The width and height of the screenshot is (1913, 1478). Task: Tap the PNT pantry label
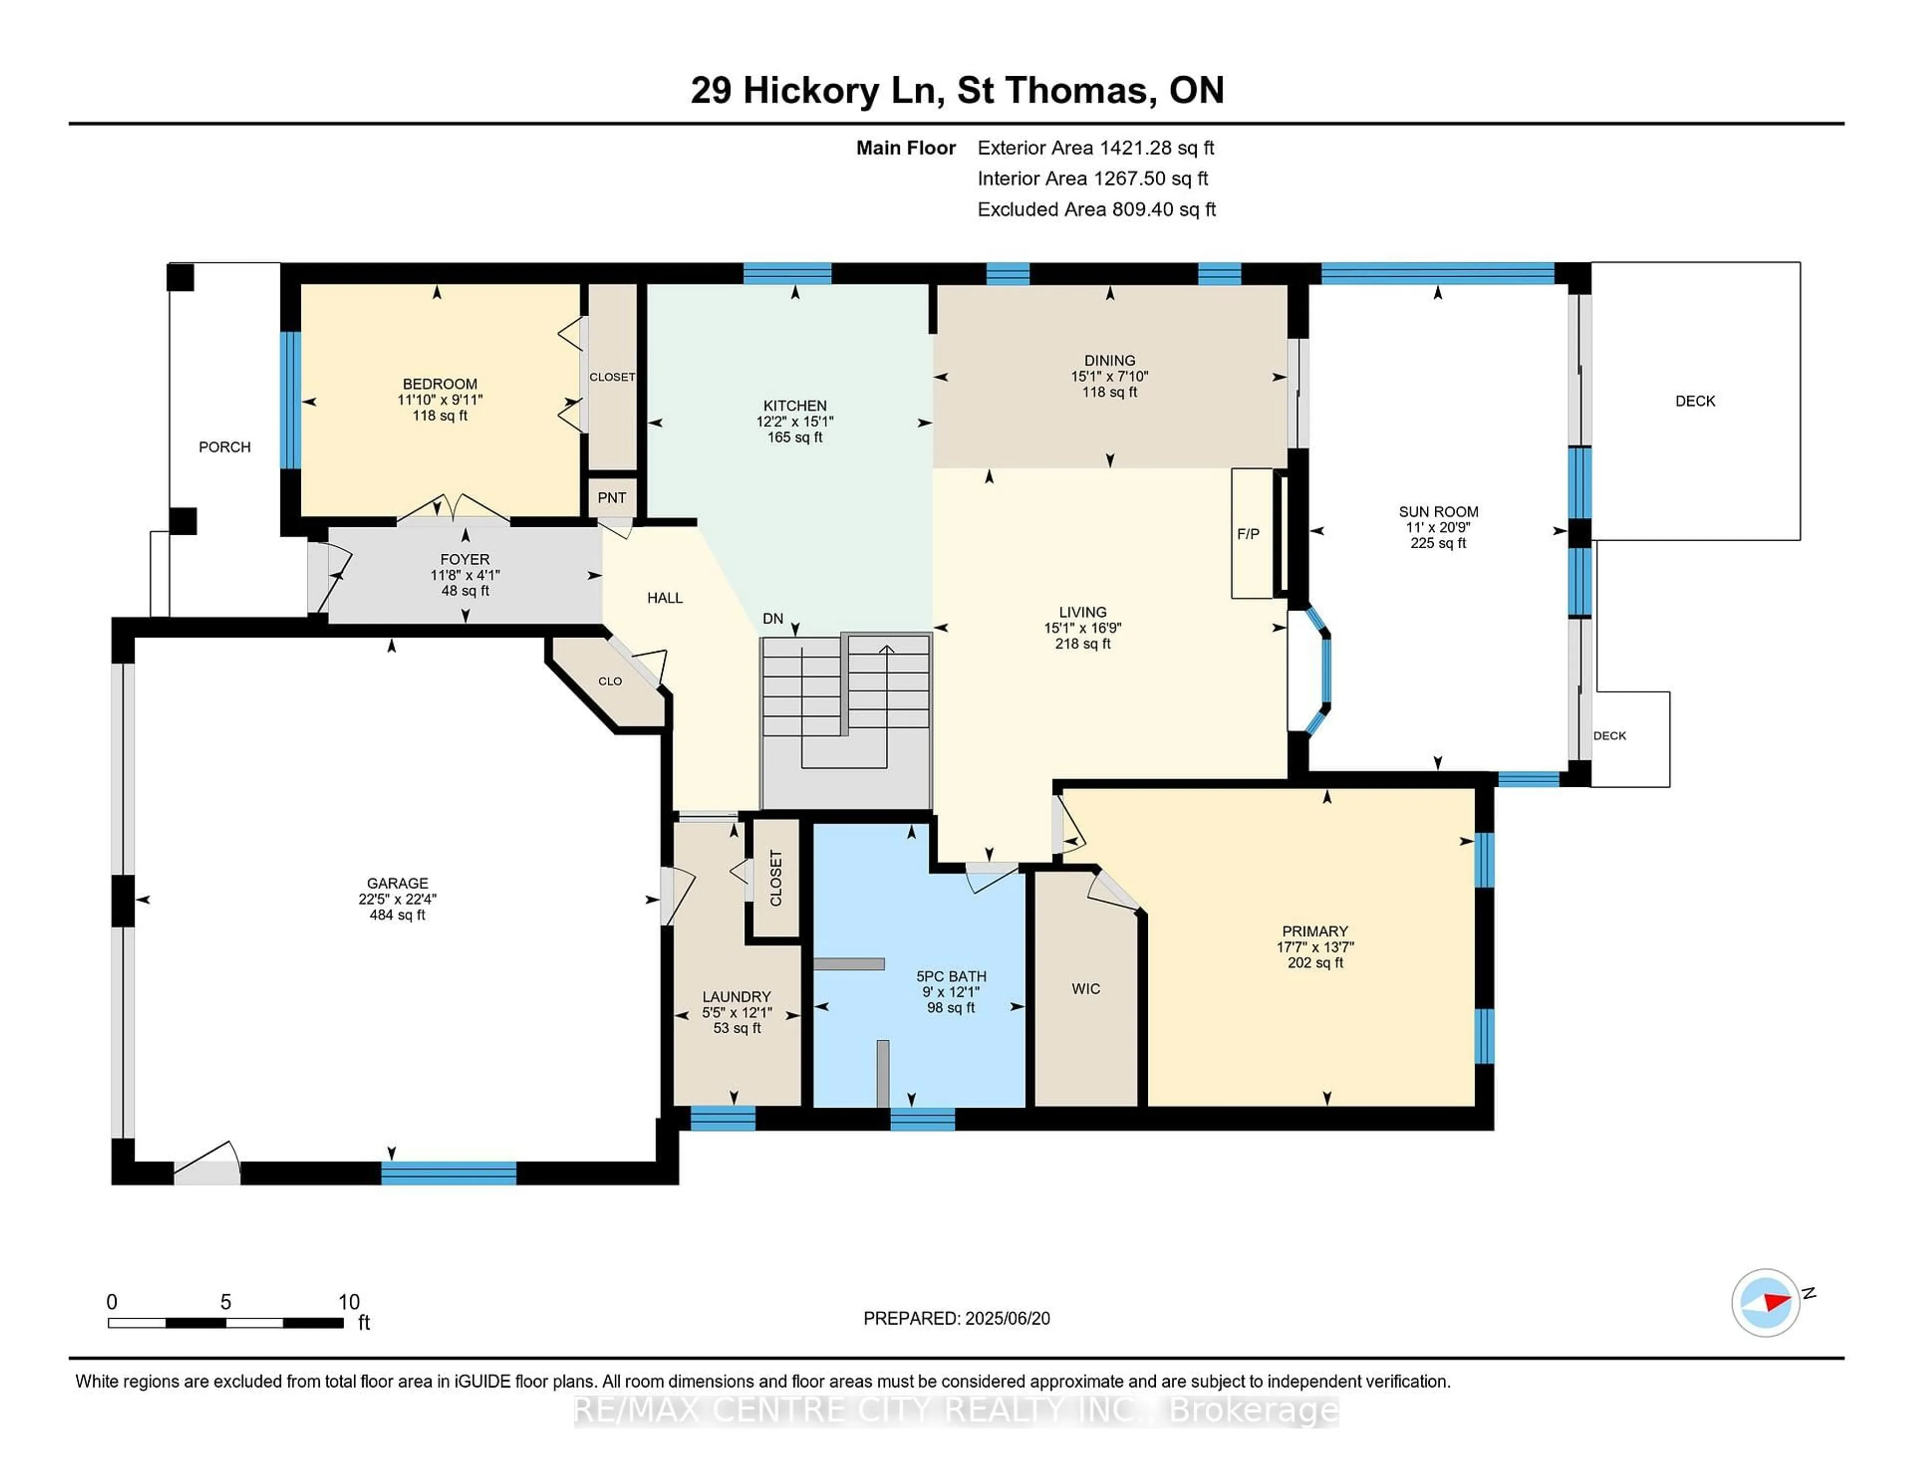611,497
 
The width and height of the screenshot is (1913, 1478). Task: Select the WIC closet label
1085,988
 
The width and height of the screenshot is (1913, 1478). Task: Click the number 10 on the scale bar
349,1302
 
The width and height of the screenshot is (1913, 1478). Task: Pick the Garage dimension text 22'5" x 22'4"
397,899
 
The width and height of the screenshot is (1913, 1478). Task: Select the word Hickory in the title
810,90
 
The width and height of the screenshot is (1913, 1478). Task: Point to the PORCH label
224,447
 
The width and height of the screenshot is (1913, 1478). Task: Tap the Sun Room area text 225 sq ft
1437,543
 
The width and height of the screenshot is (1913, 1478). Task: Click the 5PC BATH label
951,976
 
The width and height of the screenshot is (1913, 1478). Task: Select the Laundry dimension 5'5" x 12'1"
737,1012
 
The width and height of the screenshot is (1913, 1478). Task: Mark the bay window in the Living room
1321,670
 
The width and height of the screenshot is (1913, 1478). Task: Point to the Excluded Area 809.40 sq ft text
1096,209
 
